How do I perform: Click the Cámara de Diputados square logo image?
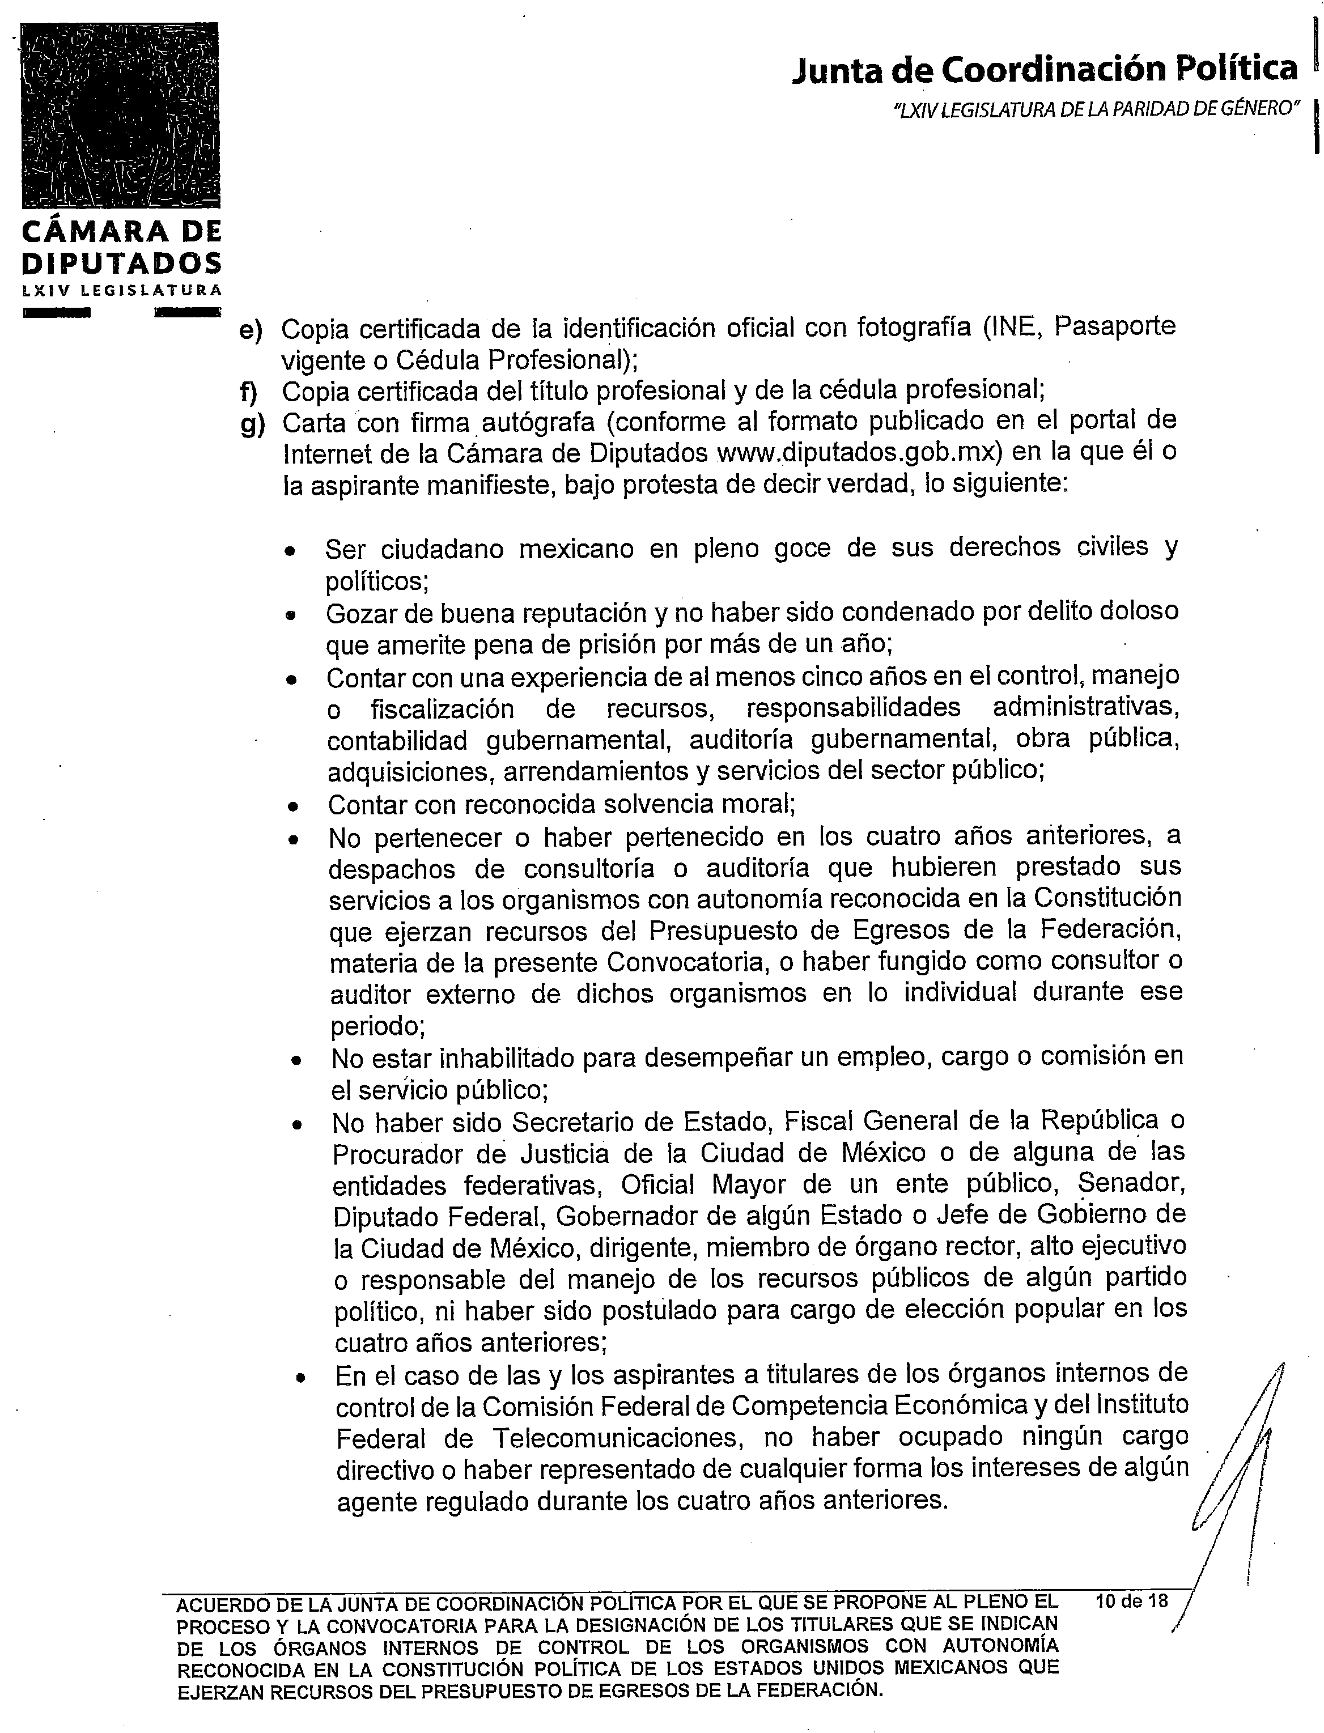tap(120, 116)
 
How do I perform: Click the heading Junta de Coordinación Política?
tap(1044, 69)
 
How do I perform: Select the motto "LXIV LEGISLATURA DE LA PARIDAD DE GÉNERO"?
tap(1096, 109)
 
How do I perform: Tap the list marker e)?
tap(251, 329)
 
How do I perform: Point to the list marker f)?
tap(249, 392)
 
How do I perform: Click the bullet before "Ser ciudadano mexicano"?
tap(291, 551)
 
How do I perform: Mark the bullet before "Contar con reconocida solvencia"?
tap(293, 806)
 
